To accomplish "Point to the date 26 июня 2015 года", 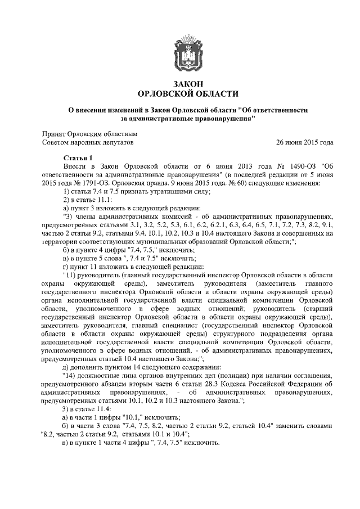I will click(x=304, y=143).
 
